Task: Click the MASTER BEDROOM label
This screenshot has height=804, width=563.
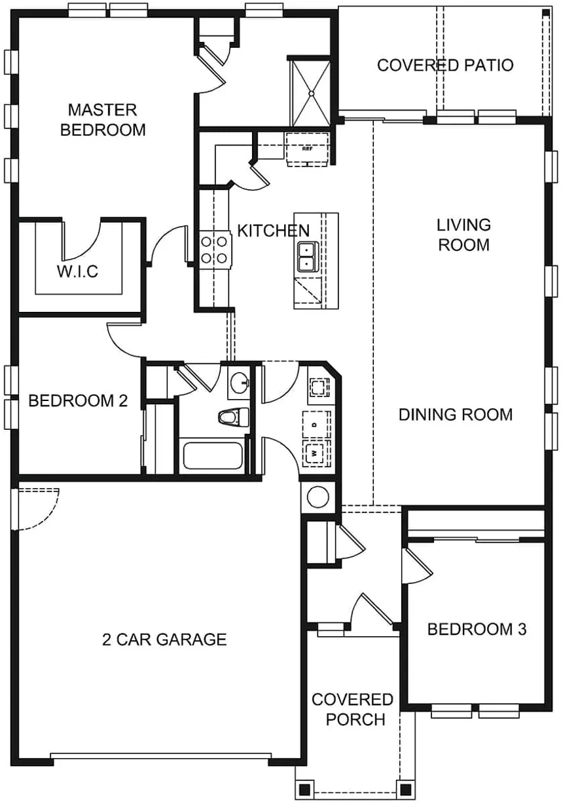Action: (103, 120)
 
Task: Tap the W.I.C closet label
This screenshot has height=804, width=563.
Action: (77, 271)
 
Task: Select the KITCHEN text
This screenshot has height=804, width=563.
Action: (273, 231)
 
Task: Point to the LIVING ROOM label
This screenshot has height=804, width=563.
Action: (463, 235)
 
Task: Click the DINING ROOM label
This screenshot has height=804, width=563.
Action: (456, 415)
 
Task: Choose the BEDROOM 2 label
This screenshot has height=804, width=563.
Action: (78, 400)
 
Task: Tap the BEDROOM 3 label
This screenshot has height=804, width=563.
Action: (477, 629)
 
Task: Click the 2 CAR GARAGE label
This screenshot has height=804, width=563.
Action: (164, 640)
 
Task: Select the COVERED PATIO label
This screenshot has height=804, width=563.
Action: (445, 66)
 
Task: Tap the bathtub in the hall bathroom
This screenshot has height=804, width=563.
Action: (213, 456)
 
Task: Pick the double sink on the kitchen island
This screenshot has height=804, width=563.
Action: (308, 256)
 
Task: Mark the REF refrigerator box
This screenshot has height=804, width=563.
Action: (307, 149)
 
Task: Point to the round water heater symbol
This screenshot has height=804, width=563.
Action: (318, 497)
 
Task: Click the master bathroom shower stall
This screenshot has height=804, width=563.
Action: (311, 93)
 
